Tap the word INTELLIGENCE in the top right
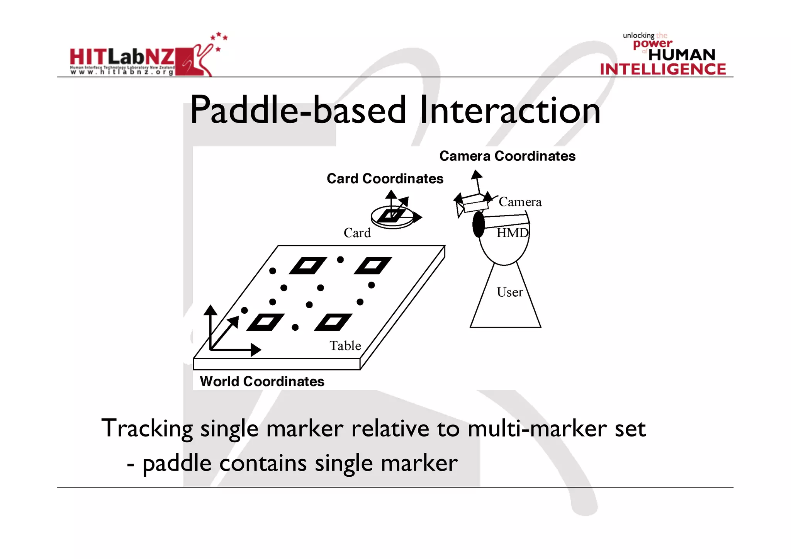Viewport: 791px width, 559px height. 663,70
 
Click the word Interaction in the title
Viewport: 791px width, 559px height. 510,111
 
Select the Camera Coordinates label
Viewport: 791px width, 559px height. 507,156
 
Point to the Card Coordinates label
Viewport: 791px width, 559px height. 385,178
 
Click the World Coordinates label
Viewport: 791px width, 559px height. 262,382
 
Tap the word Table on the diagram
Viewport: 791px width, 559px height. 345,346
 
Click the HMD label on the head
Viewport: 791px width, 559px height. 512,233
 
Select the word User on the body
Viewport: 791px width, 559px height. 509,292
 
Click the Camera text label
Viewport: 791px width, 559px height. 520,202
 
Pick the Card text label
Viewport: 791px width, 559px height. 357,233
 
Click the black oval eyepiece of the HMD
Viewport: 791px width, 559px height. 479,224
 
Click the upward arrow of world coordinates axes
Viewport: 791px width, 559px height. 210,310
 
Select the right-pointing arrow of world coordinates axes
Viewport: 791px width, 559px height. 255,350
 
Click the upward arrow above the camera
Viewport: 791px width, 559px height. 477,175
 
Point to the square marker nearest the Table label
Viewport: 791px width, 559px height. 333,322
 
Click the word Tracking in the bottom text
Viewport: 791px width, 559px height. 147,429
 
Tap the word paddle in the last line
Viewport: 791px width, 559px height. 177,464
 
